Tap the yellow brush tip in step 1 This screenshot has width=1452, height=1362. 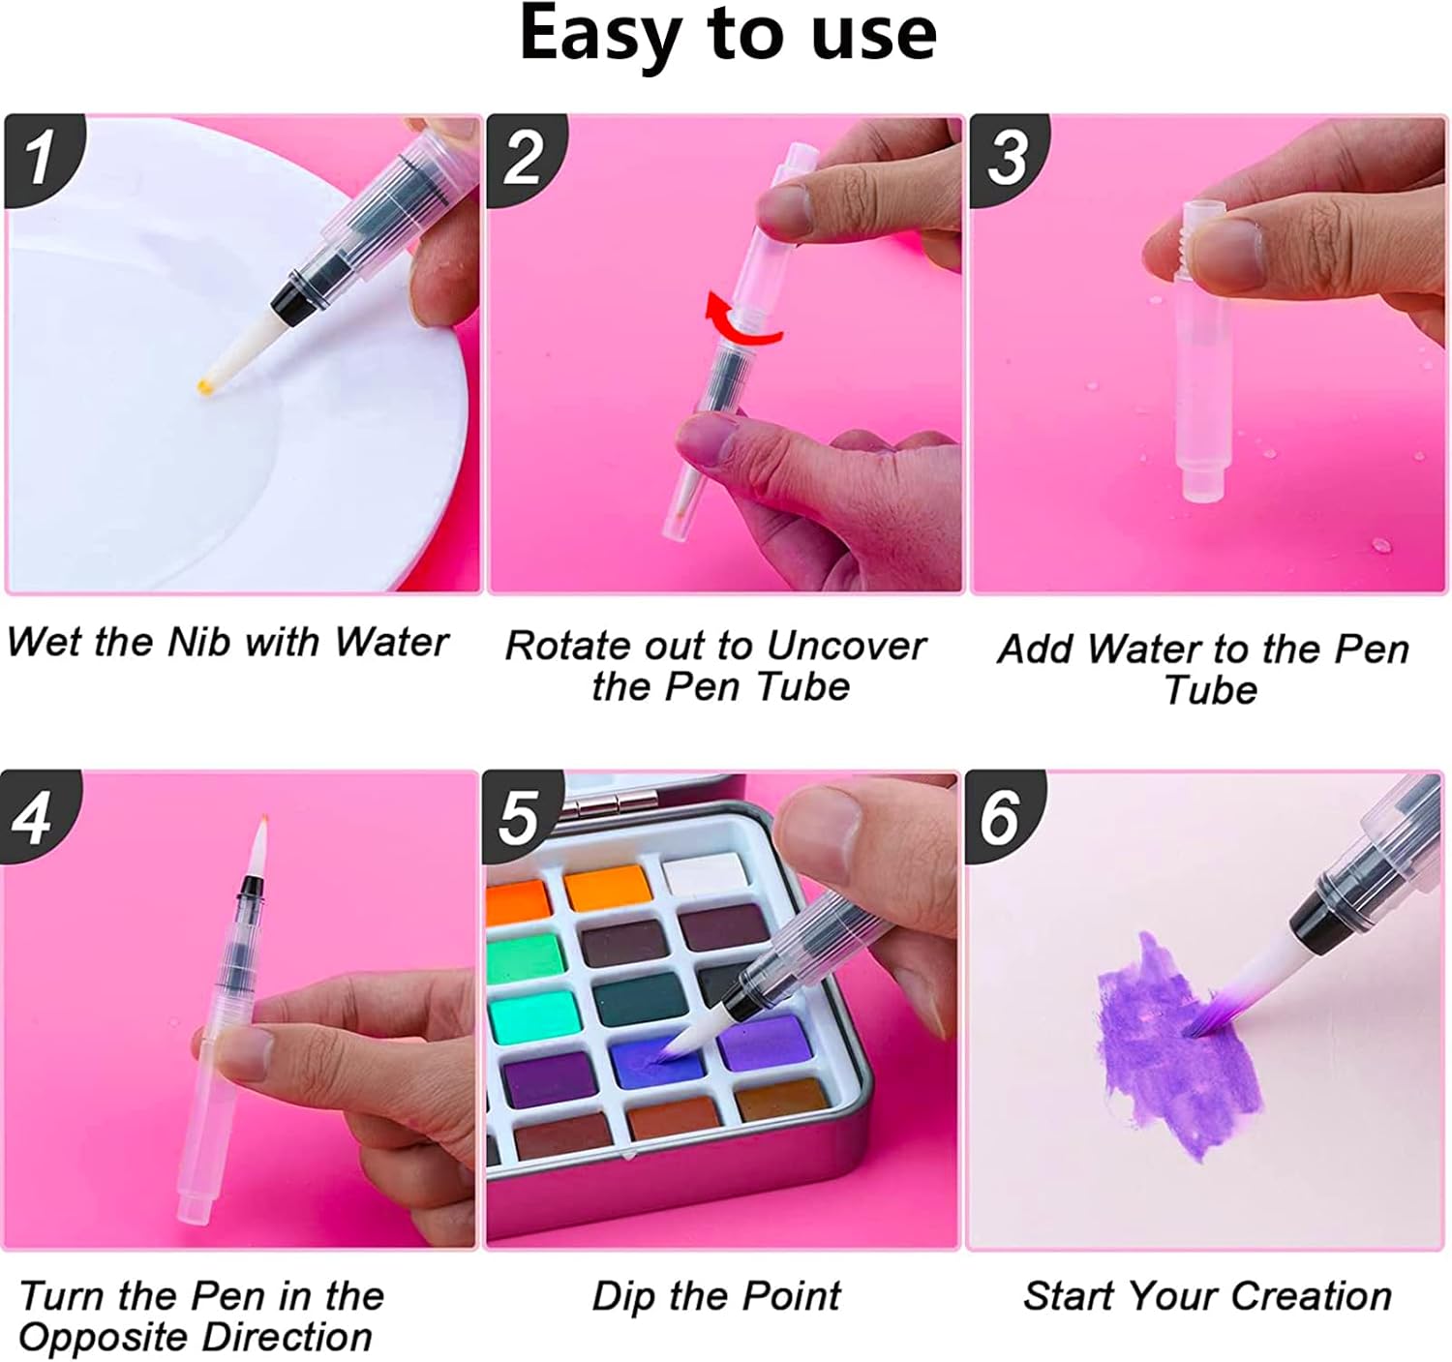(205, 385)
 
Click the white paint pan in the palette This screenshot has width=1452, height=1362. (706, 875)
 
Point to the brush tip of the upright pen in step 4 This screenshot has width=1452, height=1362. (257, 846)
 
